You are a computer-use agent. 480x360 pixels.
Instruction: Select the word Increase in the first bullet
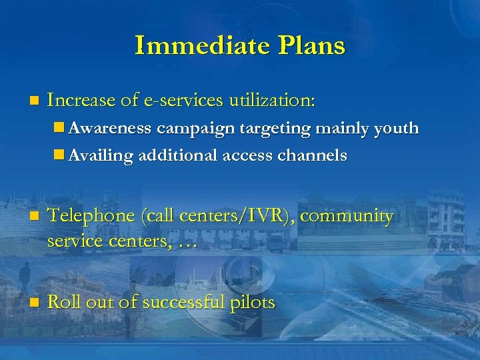coord(83,101)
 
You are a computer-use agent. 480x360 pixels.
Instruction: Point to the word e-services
coord(183,101)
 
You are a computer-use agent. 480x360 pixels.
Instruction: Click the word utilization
coord(273,101)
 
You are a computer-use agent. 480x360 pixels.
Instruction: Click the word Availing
coord(101,155)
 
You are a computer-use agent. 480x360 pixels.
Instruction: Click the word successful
coord(181,302)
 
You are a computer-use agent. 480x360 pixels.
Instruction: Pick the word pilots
coord(251,303)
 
